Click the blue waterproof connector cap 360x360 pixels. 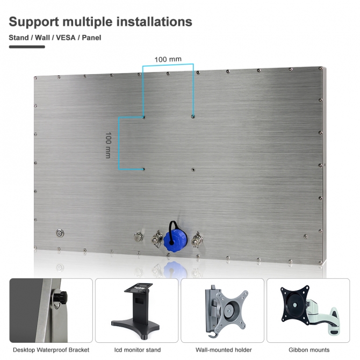[175, 240]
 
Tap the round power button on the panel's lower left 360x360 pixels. [60, 234]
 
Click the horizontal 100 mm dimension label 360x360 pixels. [168, 60]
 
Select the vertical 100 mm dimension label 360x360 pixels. [108, 145]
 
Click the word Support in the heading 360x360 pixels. [34, 22]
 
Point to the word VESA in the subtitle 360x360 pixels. [66, 38]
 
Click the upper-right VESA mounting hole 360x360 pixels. [193, 117]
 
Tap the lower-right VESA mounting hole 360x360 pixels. [193, 170]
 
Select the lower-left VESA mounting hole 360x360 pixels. [143, 169]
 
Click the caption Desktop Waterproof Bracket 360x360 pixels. [51, 350]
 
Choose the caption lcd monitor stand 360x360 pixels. [138, 350]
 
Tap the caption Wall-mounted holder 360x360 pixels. [224, 350]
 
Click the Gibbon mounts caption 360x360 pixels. [309, 350]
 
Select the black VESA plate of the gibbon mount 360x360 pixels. [294, 305]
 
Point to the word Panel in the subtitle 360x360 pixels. [91, 38]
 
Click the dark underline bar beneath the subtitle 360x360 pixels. [27, 47]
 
